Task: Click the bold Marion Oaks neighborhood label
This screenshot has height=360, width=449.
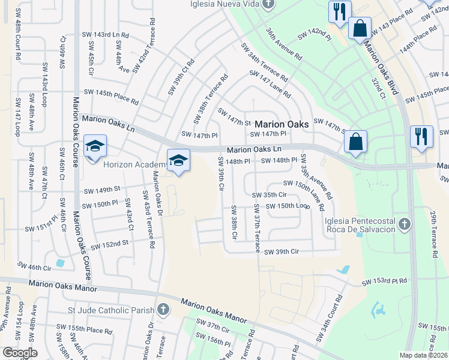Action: pyautogui.click(x=282, y=124)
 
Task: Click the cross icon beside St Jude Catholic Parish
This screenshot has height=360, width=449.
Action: pyautogui.click(x=163, y=310)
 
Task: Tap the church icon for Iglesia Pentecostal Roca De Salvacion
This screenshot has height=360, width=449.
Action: pyautogui.click(x=405, y=225)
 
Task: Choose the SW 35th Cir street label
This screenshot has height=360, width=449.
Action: pyautogui.click(x=269, y=195)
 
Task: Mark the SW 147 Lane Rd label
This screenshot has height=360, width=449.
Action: pyautogui.click(x=270, y=85)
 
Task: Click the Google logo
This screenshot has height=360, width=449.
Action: pyautogui.click(x=20, y=353)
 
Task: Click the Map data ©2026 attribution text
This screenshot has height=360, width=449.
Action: pyautogui.click(x=424, y=355)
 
